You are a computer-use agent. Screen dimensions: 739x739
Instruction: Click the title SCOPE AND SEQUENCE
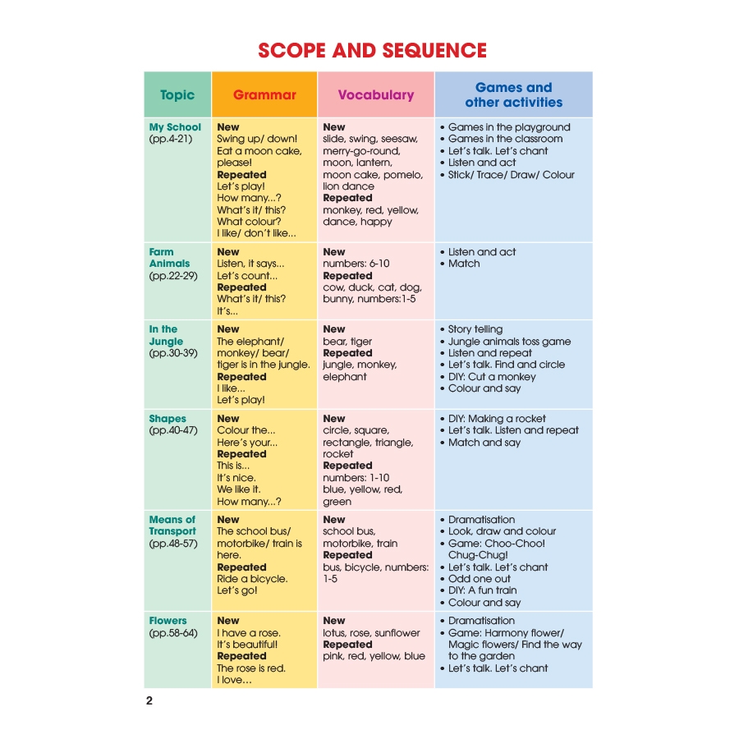[372, 50]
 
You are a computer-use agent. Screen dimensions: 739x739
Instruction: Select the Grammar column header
[264, 94]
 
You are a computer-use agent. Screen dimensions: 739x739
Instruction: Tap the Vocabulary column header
[375, 94]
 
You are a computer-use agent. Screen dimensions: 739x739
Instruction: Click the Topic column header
[177, 94]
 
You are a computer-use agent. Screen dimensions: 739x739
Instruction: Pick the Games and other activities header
[514, 94]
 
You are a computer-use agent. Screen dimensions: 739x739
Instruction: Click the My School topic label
[175, 126]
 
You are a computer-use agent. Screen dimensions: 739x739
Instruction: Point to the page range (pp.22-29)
[173, 276]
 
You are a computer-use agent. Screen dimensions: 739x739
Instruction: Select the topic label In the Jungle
[166, 335]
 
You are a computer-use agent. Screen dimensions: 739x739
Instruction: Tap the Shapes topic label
[168, 419]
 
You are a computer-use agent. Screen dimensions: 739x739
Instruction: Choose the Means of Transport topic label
[172, 525]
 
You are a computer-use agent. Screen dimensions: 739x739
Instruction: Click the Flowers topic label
[168, 621]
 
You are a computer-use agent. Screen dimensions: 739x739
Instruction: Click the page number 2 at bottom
[149, 701]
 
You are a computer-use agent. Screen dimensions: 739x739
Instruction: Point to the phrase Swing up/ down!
[257, 139]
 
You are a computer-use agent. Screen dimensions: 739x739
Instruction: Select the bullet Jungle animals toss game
[509, 342]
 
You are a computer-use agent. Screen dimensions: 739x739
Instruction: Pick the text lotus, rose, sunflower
[371, 633]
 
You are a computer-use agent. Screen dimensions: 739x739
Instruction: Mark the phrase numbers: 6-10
[356, 264]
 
